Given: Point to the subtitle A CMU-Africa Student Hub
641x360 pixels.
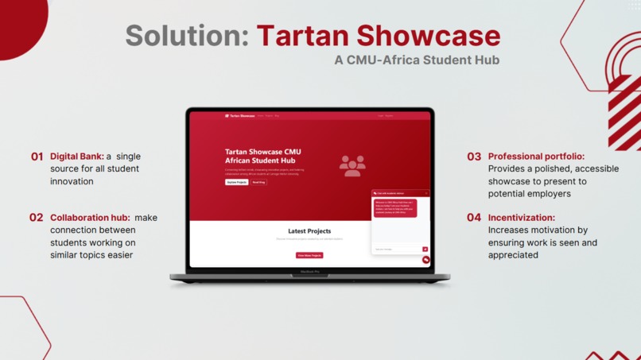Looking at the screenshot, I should (x=417, y=60).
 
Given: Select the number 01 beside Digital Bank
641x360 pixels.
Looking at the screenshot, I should (x=37, y=157).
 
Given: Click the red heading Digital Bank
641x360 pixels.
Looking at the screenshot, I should (x=77, y=157).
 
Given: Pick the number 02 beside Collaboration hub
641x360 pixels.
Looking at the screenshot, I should (x=37, y=218).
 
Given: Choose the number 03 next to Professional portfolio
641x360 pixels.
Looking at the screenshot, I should (x=474, y=157).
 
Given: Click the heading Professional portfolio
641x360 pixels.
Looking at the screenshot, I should (x=536, y=157).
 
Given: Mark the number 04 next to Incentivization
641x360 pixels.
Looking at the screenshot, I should (x=474, y=218).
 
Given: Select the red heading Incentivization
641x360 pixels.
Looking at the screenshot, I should (x=522, y=218).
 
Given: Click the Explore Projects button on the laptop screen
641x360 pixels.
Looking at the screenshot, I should (x=236, y=182).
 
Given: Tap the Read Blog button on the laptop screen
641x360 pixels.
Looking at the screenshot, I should (x=258, y=182).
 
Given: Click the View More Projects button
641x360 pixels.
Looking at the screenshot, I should (x=309, y=255).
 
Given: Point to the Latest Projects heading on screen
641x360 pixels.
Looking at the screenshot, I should (x=309, y=231).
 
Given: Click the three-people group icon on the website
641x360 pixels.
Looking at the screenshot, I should (x=352, y=165).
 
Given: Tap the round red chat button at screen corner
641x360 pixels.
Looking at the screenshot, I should (x=426, y=260).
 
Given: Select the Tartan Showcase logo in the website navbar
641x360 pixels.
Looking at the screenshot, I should (x=240, y=116).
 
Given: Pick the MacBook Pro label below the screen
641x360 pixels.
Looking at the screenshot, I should (x=309, y=272).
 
